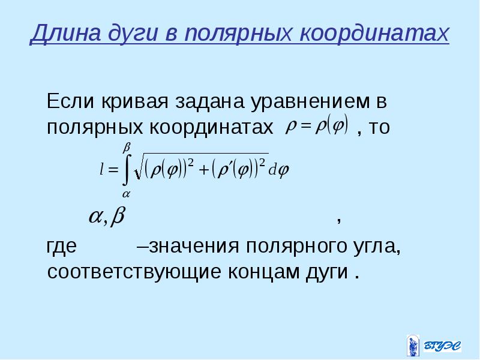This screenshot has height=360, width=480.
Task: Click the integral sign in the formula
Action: point(126,169)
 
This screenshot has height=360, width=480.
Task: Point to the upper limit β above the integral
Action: point(127,147)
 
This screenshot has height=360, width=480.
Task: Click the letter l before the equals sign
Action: point(102,170)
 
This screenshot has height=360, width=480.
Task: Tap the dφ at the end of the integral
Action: point(279,170)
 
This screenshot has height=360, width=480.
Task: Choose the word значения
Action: point(193,247)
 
